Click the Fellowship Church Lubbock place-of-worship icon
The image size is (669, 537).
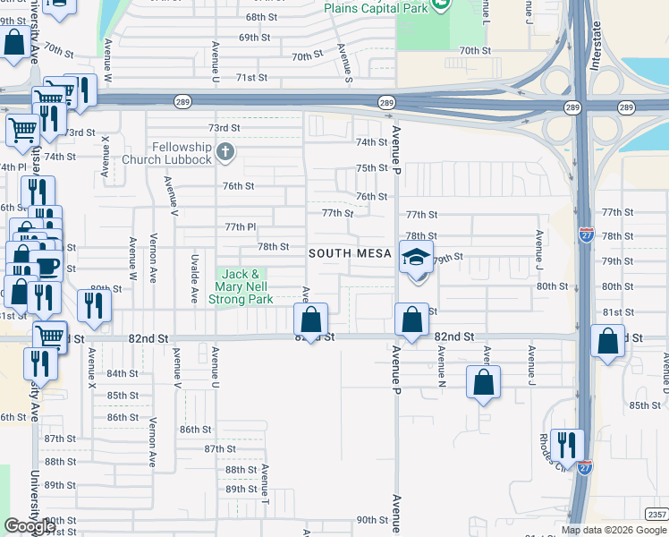click(224, 152)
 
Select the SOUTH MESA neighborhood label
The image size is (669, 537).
click(351, 254)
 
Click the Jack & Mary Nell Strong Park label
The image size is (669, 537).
click(241, 287)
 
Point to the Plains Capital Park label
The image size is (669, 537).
click(376, 7)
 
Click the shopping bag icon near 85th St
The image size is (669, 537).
click(483, 382)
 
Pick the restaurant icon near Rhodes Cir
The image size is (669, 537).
click(567, 444)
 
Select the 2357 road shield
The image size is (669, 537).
click(657, 514)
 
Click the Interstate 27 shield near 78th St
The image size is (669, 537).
click(586, 234)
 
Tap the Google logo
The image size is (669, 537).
click(30, 526)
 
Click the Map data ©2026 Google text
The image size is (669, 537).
click(614, 530)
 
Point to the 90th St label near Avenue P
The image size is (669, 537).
click(369, 520)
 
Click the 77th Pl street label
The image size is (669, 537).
click(241, 227)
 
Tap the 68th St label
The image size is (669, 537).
click(261, 17)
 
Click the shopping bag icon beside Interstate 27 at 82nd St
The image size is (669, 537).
click(608, 342)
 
